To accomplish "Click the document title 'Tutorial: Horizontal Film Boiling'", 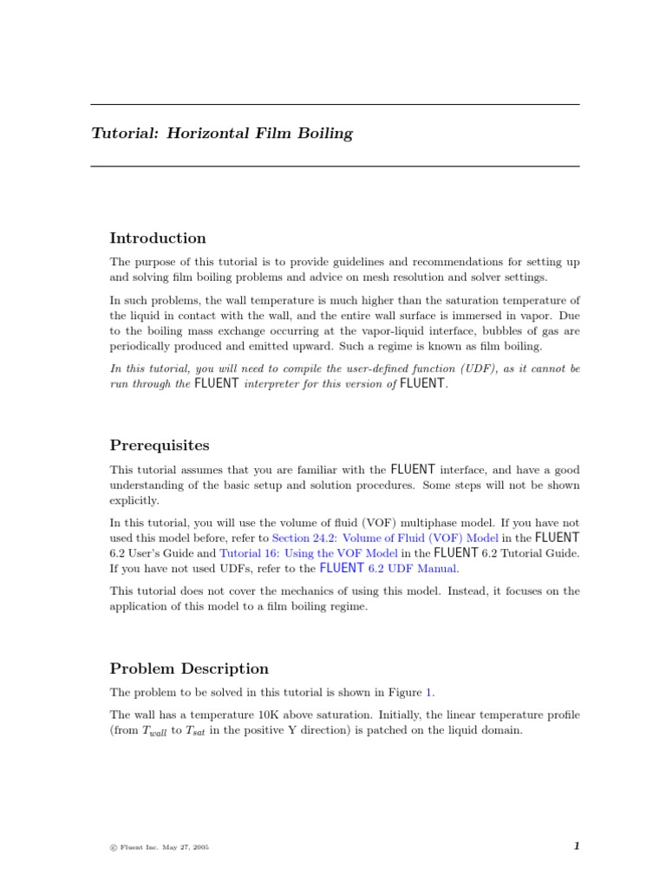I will pyautogui.click(x=223, y=134).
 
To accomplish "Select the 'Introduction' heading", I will pyautogui.click(x=158, y=238).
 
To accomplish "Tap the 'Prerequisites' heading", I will pyautogui.click(x=160, y=446).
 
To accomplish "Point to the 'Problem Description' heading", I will pyautogui.click(x=189, y=669).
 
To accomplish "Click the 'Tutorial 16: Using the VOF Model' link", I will pyautogui.click(x=309, y=553).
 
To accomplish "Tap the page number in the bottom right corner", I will pyautogui.click(x=576, y=846).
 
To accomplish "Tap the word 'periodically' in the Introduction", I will pyautogui.click(x=140, y=347).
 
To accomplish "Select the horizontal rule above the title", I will pyautogui.click(x=335, y=105).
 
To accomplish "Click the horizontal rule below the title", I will pyautogui.click(x=335, y=166).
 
